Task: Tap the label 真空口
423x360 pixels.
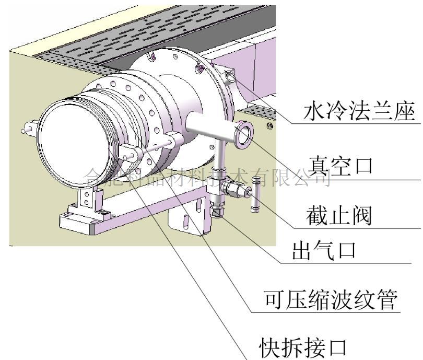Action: coord(339,166)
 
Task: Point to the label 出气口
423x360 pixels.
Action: coord(324,252)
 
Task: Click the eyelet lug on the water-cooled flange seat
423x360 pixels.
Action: coord(229,78)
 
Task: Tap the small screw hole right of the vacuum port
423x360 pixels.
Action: coord(269,126)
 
